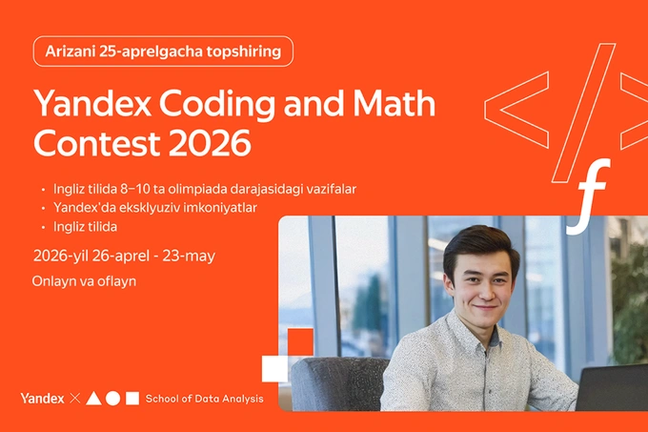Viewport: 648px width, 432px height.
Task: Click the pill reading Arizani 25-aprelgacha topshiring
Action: pyautogui.click(x=163, y=51)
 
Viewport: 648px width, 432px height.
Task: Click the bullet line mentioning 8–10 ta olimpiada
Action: pyautogui.click(x=198, y=189)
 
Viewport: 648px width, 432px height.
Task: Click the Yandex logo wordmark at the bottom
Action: pyautogui.click(x=42, y=398)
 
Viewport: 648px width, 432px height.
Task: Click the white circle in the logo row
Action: pyautogui.click(x=113, y=398)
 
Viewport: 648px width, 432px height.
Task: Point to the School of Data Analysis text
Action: pyautogui.click(x=204, y=398)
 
